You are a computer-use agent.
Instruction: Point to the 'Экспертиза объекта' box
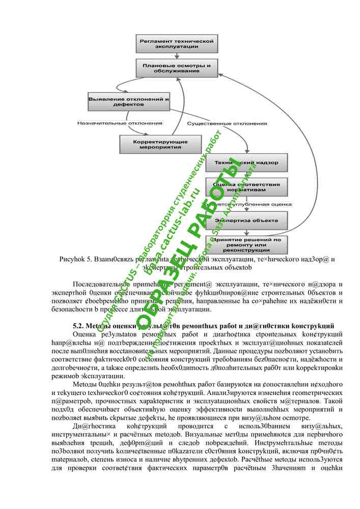pos(246,220)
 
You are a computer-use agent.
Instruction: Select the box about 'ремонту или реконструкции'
pos(246,245)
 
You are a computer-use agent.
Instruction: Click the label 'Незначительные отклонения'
pos(120,123)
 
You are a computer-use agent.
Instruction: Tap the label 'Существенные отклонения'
pos(227,123)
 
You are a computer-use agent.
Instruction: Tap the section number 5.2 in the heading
pos(78,325)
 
